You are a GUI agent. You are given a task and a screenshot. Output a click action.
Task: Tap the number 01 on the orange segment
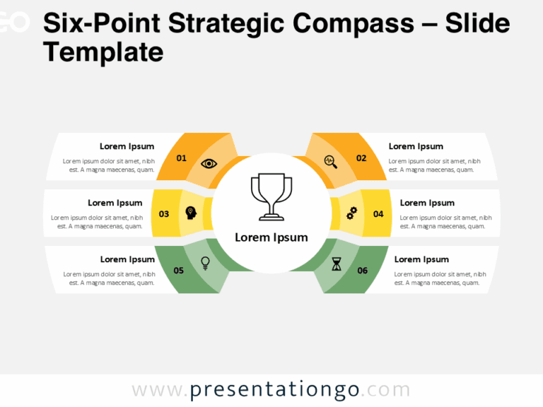182,158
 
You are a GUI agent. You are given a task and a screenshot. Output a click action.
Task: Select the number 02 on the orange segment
361,158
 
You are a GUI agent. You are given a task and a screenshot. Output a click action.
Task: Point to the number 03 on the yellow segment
164,213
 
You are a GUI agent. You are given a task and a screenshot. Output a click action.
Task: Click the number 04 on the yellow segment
378,213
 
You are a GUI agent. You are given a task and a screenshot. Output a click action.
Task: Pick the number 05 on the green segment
179,270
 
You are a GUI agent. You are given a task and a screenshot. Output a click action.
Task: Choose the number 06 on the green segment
363,270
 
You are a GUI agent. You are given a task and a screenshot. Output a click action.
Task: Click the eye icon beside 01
209,164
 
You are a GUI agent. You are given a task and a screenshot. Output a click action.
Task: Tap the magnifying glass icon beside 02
330,161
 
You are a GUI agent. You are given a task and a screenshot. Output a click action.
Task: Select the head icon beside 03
190,212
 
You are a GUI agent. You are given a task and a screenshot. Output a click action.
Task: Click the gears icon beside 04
351,212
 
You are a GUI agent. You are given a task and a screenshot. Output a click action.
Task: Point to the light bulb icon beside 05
206,263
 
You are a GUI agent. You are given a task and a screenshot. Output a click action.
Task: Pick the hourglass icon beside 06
337,264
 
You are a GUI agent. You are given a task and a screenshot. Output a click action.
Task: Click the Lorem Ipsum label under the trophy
271,237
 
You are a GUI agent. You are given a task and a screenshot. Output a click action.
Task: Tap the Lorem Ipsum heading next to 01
127,146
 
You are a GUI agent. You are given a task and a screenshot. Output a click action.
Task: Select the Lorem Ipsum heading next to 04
427,203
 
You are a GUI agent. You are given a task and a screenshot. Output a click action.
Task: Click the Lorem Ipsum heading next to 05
127,259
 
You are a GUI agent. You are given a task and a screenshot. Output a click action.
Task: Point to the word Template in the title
103,52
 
